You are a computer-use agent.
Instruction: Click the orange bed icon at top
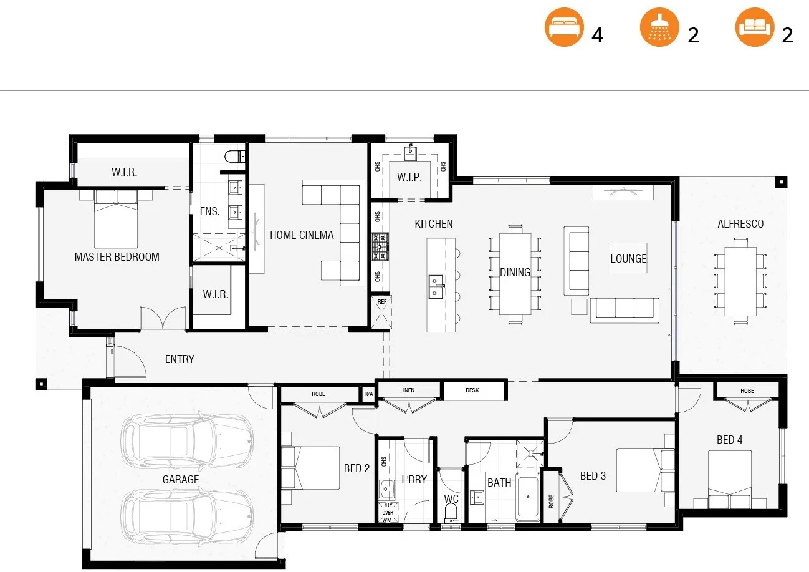tap(564, 28)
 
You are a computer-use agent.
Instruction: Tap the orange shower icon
tap(659, 28)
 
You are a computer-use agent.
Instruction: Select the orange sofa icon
tap(754, 28)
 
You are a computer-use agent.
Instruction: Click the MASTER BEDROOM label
tap(117, 256)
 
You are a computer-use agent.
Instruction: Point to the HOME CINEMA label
tap(302, 235)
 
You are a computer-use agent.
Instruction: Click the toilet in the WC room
tap(451, 513)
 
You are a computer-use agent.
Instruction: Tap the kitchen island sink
tap(436, 287)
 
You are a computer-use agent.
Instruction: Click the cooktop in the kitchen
tap(380, 247)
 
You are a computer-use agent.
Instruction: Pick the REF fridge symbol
tap(382, 311)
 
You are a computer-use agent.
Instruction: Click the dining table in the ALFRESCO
tap(740, 281)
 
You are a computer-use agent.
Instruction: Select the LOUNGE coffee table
tap(628, 258)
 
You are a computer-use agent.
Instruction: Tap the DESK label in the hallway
tap(472, 390)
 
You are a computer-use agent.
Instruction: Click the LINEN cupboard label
tap(407, 390)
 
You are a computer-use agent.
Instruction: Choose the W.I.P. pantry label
tap(409, 177)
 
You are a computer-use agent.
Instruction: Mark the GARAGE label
tap(181, 479)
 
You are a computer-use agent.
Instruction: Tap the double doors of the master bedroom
tap(163, 318)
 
